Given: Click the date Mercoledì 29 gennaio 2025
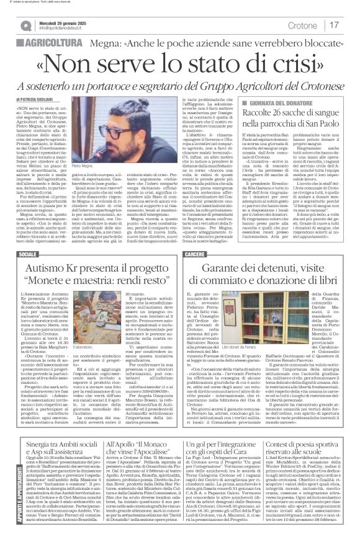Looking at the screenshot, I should pos(61,22).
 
